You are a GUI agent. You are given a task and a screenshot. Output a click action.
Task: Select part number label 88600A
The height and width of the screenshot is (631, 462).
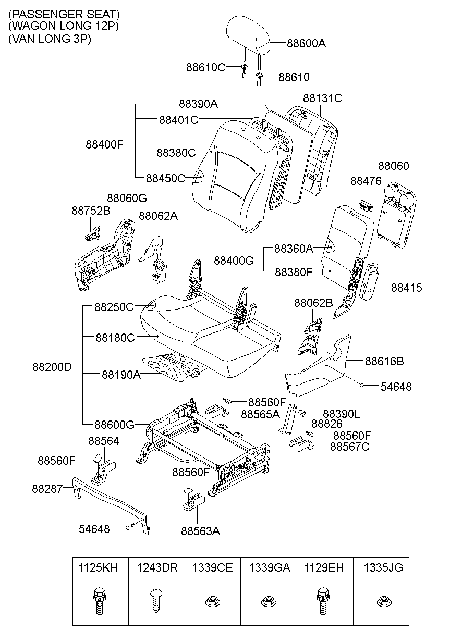(306, 44)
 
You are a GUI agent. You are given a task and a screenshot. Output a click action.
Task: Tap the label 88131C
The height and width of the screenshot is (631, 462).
(322, 98)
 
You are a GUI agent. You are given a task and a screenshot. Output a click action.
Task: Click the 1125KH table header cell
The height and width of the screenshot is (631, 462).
(100, 567)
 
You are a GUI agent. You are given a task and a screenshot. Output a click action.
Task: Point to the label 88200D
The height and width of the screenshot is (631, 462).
(52, 366)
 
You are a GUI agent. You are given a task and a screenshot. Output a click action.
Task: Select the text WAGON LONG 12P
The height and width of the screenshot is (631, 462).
(63, 26)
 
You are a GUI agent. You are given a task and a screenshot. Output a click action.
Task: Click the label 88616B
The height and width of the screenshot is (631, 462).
(384, 361)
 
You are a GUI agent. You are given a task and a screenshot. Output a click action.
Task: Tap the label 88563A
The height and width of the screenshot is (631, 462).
(200, 531)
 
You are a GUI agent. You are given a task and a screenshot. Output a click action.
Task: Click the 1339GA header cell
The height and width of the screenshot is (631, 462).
(269, 567)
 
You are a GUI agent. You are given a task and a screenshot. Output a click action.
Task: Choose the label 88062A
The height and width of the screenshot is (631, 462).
(157, 216)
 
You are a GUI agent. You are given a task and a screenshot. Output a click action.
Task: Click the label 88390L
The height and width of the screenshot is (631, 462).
(341, 414)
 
